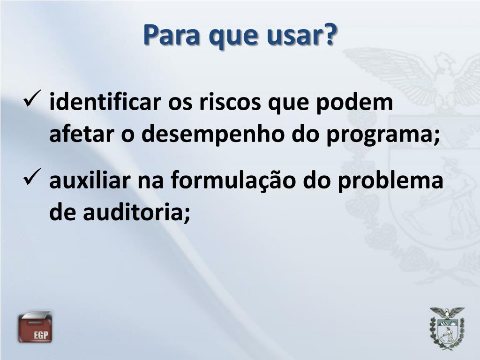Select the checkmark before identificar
pos(35,99)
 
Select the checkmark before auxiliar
pos(35,178)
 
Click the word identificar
pos(106,103)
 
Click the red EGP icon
pos(35,327)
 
